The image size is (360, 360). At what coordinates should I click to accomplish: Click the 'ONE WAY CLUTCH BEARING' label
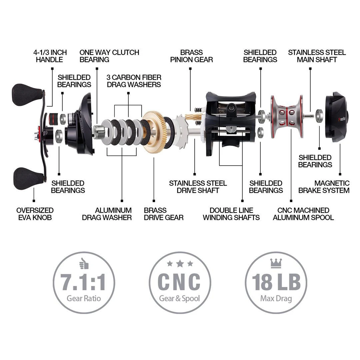point(109,56)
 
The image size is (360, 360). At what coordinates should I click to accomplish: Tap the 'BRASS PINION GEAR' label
point(191,56)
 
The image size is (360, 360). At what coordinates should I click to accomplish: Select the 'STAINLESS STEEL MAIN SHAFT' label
point(317,56)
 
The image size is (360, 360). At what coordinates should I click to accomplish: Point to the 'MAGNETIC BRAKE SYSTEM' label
point(324,187)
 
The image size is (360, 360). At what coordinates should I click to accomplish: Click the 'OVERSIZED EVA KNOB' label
point(35,214)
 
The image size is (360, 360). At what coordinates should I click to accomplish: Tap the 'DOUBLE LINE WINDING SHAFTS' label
point(231,214)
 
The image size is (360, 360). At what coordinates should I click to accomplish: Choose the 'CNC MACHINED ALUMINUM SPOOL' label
point(303,214)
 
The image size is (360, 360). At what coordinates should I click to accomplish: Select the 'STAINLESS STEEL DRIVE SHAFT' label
point(198,187)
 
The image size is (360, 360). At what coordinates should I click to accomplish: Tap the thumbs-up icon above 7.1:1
point(84,264)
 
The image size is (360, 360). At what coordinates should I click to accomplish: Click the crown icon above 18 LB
point(276,263)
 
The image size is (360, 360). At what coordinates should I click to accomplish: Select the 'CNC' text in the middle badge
point(180,282)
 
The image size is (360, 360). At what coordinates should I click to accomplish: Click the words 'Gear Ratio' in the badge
point(84,298)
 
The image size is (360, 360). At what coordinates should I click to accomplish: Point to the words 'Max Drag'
point(276,298)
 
